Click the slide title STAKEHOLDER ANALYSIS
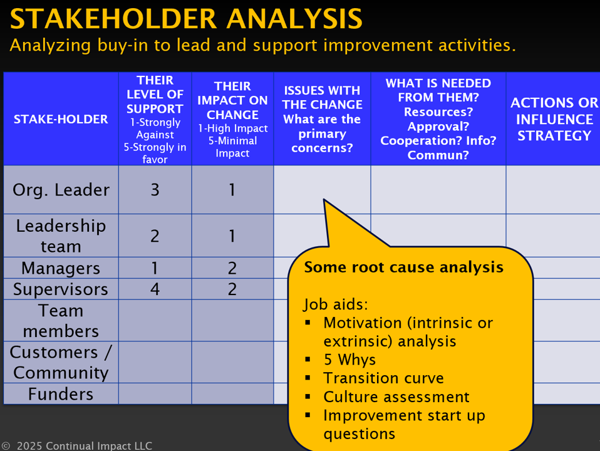click(x=186, y=18)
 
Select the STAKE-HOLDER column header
click(x=61, y=119)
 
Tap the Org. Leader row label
click(x=61, y=190)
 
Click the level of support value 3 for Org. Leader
click(x=155, y=190)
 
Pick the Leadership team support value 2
click(x=155, y=236)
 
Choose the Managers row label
click(x=61, y=268)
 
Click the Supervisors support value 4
click(x=155, y=289)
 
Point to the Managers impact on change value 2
click(x=232, y=268)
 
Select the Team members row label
click(x=61, y=321)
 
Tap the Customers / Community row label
click(x=61, y=362)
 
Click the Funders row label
click(x=61, y=394)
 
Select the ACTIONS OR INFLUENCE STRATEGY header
click(x=554, y=119)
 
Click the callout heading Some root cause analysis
click(x=404, y=267)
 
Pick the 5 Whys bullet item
click(x=349, y=360)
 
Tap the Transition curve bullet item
click(x=383, y=378)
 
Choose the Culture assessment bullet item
click(x=396, y=397)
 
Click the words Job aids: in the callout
click(x=336, y=305)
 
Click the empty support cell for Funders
click(x=155, y=393)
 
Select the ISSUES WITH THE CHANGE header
click(x=322, y=119)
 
